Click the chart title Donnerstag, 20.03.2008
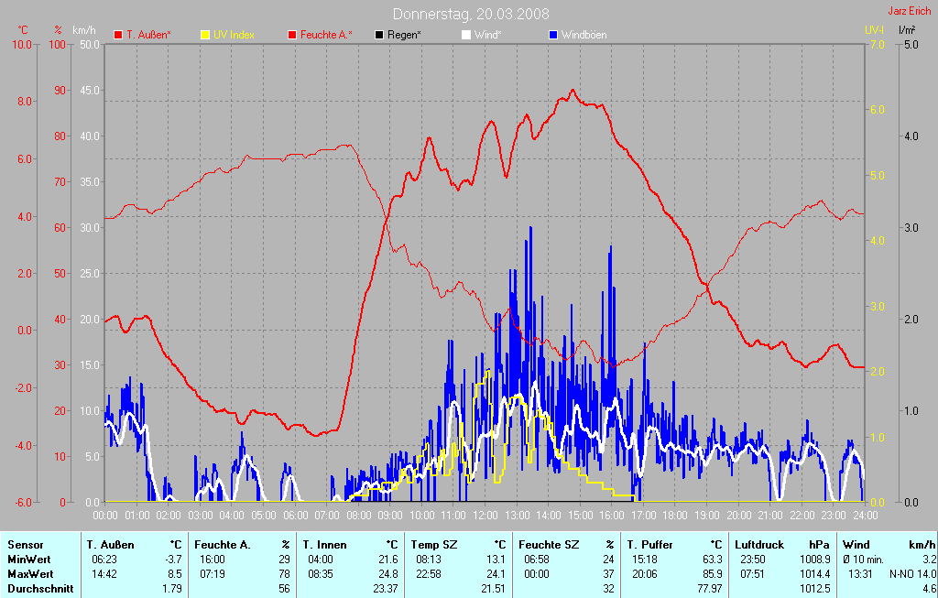[x=471, y=14]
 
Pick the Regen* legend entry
[x=403, y=35]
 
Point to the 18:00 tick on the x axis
[x=675, y=515]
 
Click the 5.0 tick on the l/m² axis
[x=911, y=44]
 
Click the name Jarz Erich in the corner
[x=911, y=12]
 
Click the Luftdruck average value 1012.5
[x=815, y=588]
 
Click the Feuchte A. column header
[x=222, y=544]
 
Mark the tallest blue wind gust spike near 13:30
[x=529, y=229]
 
